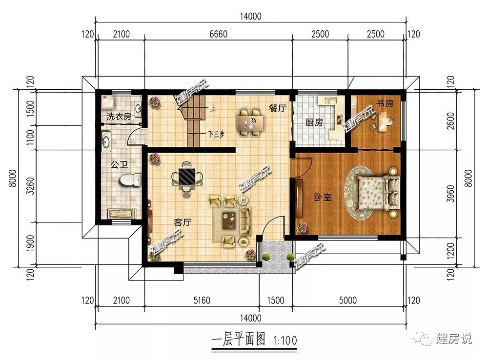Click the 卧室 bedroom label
click(x=323, y=197)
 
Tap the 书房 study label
click(x=385, y=103)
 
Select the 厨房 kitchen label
click(x=314, y=122)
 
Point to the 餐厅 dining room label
click(x=278, y=108)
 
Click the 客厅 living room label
click(x=183, y=222)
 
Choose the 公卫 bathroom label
click(x=119, y=164)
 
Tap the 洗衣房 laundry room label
click(x=119, y=117)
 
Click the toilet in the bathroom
click(x=129, y=180)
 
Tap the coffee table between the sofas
click(x=228, y=220)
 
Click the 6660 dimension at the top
click(x=219, y=34)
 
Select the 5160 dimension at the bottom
click(x=202, y=300)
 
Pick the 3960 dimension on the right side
click(x=450, y=194)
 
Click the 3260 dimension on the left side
click(x=30, y=186)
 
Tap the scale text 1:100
click(x=285, y=340)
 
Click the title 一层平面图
click(x=239, y=339)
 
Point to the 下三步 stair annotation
click(x=216, y=135)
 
